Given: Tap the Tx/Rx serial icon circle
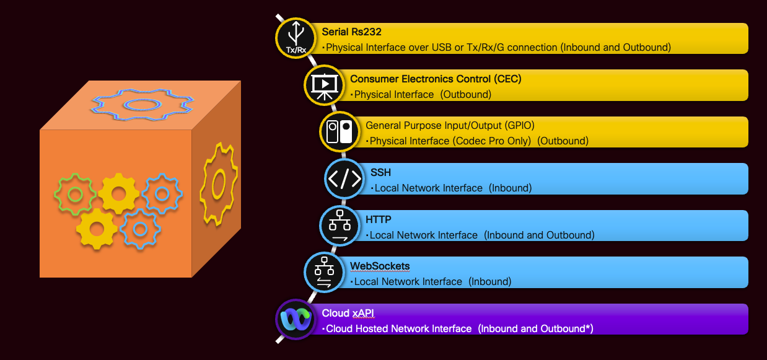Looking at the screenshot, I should click(296, 38).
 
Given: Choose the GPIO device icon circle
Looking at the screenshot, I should click(340, 131).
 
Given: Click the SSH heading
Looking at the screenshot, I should click(380, 172).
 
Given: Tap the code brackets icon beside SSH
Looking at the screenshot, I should click(344, 178).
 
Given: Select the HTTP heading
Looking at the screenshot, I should click(378, 219).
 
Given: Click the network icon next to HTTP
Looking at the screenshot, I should click(340, 226).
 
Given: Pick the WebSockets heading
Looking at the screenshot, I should click(380, 266).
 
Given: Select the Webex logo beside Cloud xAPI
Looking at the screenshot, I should click(296, 320).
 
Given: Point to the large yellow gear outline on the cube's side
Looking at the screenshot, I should click(217, 184).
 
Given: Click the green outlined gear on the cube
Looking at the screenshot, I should click(75, 195).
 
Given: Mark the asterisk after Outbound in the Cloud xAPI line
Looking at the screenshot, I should click(588, 328).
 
